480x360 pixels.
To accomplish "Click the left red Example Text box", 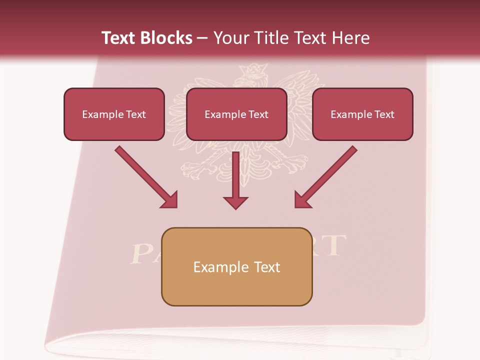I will coord(114,114).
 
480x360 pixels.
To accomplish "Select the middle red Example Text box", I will coord(236,114).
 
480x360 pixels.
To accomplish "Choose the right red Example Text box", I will coord(362,114).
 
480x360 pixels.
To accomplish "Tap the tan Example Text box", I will coord(236,266).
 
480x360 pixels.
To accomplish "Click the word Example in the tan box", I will coord(214,267).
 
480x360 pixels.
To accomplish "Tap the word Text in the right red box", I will coord(383,114).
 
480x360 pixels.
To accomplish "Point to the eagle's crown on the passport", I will coord(253,69).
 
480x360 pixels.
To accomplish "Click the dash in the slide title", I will coord(202,38).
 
